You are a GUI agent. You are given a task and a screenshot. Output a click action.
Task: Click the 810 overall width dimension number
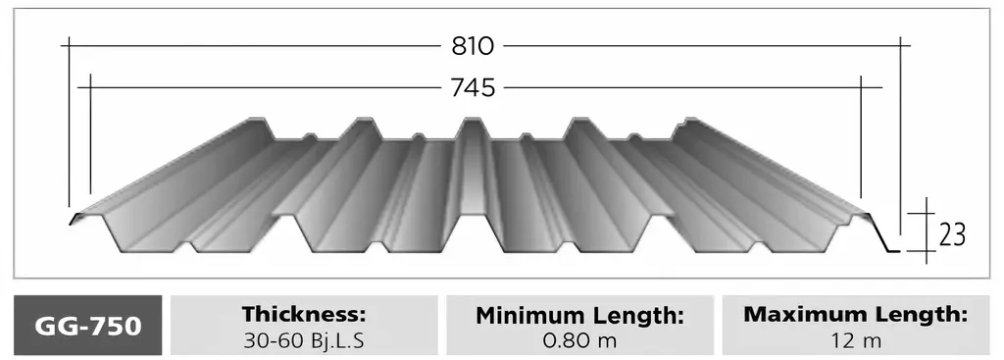tap(474, 46)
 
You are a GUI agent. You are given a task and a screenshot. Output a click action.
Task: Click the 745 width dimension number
tap(474, 87)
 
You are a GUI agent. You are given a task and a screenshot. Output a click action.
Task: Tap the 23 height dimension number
tap(952, 235)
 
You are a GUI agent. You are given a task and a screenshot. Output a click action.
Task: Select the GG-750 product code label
tap(87, 326)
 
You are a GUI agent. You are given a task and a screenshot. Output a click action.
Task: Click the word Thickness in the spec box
tap(304, 315)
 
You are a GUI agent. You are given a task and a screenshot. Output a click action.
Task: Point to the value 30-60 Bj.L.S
tap(304, 340)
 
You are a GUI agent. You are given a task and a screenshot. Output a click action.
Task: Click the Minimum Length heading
tap(580, 315)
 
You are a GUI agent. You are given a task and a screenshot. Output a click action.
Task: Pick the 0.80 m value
tap(580, 340)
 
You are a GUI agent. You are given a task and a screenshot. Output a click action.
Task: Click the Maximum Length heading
tap(855, 315)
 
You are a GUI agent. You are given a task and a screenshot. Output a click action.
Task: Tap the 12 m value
tap(855, 340)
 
